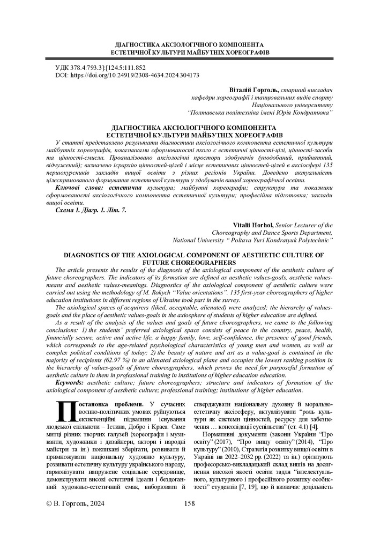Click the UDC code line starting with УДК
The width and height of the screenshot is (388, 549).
(x=101, y=68)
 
